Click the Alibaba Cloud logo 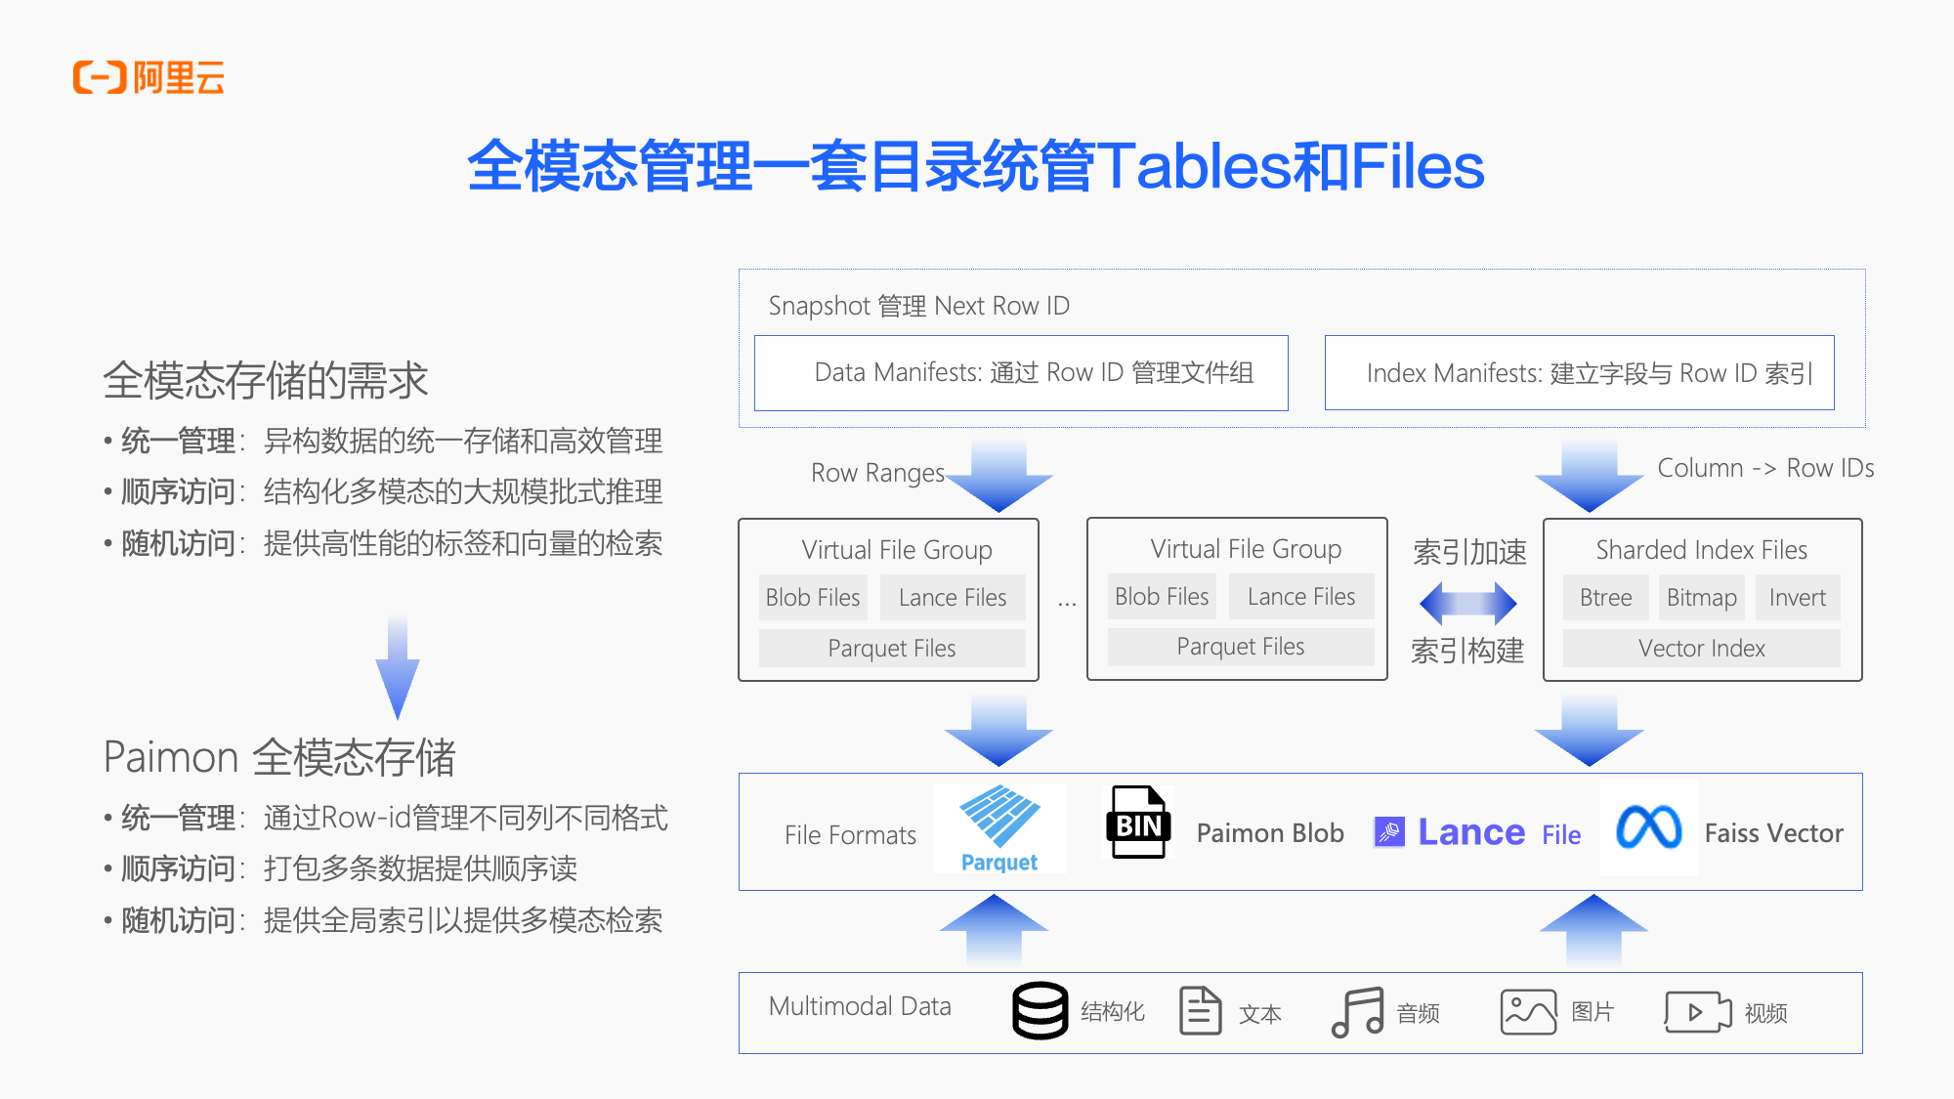[x=149, y=77]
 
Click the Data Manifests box [x=1021, y=373]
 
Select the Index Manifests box [x=1579, y=373]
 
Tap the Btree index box [x=1605, y=598]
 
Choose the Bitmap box [x=1701, y=598]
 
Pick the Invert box [x=1797, y=598]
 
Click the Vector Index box [x=1701, y=649]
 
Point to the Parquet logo [x=999, y=828]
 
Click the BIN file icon [x=1138, y=823]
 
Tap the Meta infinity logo [x=1648, y=827]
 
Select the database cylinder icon [x=1040, y=1011]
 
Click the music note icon [x=1357, y=1012]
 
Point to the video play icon [x=1697, y=1012]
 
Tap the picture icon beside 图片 [x=1528, y=1012]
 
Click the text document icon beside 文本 [x=1200, y=1011]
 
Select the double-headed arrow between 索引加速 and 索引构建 [x=1467, y=603]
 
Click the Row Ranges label [x=877, y=473]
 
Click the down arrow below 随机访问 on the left [x=398, y=668]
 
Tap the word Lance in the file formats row [x=1470, y=832]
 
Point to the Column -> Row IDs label [x=1765, y=468]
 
